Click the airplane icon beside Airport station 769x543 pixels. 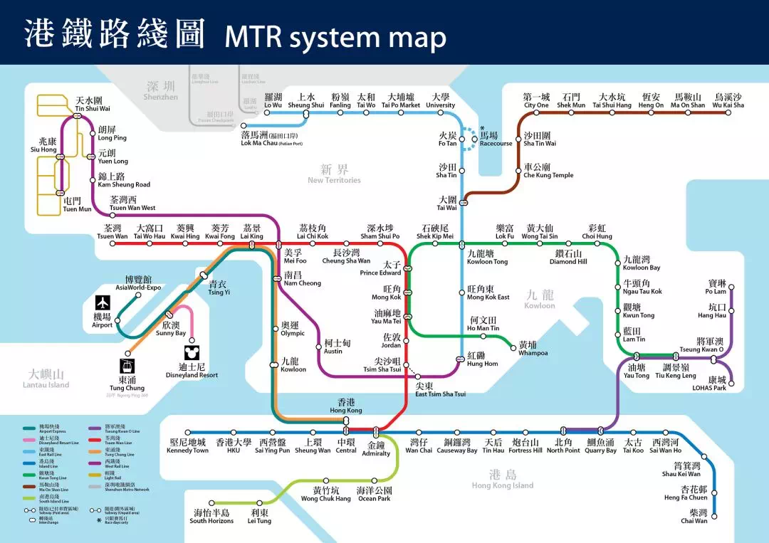point(103,302)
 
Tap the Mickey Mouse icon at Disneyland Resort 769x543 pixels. point(192,354)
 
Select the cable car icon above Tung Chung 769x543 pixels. point(127,367)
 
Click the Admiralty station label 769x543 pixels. point(376,449)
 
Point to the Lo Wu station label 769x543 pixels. point(273,101)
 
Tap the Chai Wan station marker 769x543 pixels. point(714,516)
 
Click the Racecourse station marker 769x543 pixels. point(475,139)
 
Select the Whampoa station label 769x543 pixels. point(533,349)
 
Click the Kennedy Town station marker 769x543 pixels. point(187,432)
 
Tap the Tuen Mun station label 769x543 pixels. point(77,205)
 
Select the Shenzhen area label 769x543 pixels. point(161,90)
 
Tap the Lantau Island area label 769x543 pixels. point(49,379)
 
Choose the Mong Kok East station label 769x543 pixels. point(488,293)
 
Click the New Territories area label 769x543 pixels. point(334,174)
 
